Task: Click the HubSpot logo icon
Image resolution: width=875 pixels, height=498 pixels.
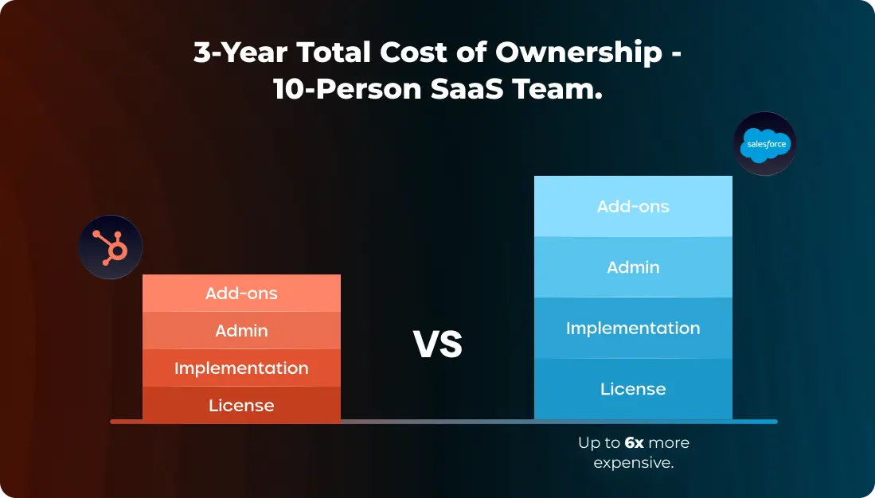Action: click(111, 247)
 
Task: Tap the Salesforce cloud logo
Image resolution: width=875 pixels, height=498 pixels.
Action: click(765, 144)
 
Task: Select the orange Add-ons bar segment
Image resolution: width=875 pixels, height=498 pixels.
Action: click(241, 293)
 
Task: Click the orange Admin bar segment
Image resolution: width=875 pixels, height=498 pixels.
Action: click(241, 330)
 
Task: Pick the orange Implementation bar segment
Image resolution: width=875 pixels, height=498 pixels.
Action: click(241, 368)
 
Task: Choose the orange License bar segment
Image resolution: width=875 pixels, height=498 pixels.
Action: click(241, 405)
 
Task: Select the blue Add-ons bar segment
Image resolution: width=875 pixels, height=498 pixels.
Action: click(633, 206)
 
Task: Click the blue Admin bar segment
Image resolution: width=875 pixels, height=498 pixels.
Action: click(633, 267)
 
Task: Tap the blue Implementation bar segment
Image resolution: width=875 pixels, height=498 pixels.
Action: click(633, 328)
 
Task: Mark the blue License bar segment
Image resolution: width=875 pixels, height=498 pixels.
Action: click(633, 388)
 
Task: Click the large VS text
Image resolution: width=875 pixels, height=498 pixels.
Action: click(438, 344)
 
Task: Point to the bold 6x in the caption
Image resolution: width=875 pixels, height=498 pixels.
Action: click(634, 442)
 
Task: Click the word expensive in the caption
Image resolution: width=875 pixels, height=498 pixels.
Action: click(633, 462)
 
